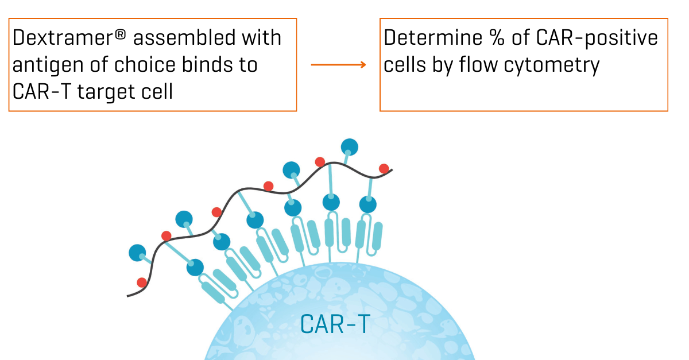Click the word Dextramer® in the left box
pyautogui.click(x=67, y=38)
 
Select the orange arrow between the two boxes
pyautogui.click(x=338, y=65)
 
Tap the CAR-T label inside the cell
pyautogui.click(x=336, y=324)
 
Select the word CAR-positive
pyautogui.click(x=597, y=38)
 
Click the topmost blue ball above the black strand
pyautogui.click(x=349, y=147)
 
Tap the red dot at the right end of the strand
pyautogui.click(x=384, y=168)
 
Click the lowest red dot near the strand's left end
pyautogui.click(x=142, y=282)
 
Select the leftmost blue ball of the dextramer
pyautogui.click(x=138, y=253)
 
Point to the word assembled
pyautogui.click(x=183, y=38)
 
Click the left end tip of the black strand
pyautogui.click(x=128, y=296)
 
